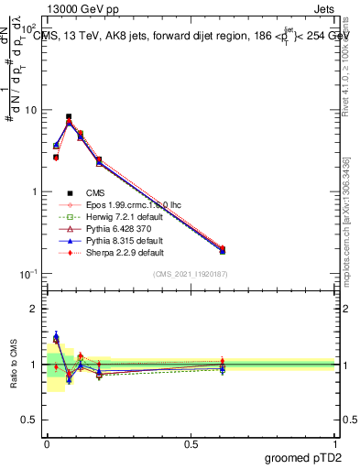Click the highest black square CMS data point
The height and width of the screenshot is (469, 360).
[x=69, y=117]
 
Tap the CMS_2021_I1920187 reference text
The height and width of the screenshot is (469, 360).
[x=190, y=274]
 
